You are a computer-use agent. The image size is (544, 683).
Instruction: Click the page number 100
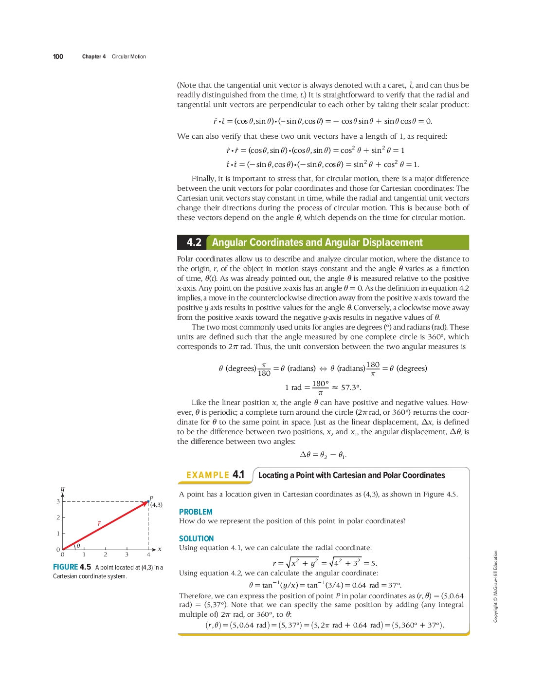58,56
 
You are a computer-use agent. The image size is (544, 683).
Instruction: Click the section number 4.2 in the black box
194,242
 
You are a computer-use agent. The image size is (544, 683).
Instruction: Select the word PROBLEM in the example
196,512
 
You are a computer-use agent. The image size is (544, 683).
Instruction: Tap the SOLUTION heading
196,538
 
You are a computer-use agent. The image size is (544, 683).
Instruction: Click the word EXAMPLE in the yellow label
208,475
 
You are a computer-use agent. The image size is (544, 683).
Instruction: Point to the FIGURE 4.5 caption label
72,567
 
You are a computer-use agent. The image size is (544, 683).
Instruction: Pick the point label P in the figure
151,498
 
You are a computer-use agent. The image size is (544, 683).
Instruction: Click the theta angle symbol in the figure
78,546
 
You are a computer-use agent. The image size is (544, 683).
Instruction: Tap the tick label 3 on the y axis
58,501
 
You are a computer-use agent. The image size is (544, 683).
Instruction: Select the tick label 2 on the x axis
105,554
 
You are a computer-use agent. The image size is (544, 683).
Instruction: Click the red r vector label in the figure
99,524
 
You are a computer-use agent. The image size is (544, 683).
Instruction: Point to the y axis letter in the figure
62,489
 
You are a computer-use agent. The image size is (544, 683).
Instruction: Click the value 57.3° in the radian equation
350,388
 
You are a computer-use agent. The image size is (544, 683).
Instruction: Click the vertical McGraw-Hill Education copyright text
495,586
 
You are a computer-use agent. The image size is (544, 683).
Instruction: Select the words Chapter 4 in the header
94,56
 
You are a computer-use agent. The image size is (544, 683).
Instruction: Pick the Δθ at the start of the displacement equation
305,455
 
